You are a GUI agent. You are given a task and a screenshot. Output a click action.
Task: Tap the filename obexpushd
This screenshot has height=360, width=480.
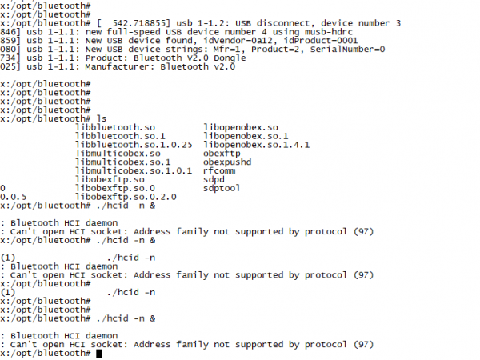tap(229, 162)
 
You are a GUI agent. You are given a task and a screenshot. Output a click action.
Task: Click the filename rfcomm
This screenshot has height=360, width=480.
tap(220, 170)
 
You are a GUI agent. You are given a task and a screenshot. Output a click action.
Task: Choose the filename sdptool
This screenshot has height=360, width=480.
tap(223, 187)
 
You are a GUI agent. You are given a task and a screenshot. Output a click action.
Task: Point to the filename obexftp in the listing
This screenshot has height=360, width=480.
tap(223, 153)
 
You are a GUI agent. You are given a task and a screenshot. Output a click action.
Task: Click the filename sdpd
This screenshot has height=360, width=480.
tap(214, 179)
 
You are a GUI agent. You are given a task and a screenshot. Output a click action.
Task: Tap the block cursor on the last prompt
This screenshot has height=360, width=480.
tap(98, 353)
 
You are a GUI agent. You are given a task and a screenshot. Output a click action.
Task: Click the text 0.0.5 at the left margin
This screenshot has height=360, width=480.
tap(14, 196)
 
